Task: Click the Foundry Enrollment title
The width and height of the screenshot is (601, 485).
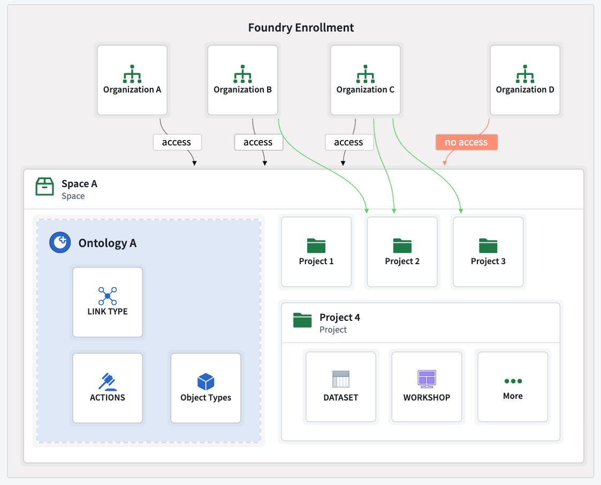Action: (x=301, y=28)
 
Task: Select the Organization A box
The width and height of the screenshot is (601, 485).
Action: (x=132, y=80)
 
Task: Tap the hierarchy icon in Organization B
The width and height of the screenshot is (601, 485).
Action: (x=242, y=74)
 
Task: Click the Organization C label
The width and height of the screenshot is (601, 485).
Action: (x=365, y=90)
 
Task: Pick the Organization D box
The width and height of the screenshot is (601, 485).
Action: (x=524, y=80)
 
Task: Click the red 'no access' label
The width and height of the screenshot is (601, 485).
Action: (x=466, y=142)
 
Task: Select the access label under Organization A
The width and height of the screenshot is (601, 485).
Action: (x=177, y=142)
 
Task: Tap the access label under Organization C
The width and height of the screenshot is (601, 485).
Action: (x=348, y=142)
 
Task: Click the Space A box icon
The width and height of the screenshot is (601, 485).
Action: (x=44, y=187)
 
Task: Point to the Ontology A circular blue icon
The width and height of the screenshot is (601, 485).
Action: (x=60, y=243)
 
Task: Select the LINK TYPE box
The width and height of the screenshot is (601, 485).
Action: (x=108, y=302)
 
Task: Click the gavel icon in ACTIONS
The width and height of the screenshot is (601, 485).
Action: (x=108, y=381)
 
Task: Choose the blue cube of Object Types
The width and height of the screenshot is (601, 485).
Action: (x=206, y=382)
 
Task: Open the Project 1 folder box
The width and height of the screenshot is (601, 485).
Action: (x=316, y=252)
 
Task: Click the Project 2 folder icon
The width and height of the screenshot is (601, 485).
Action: (x=402, y=245)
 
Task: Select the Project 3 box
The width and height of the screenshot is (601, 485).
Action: (x=488, y=252)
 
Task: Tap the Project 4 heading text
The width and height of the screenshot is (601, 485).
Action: (x=339, y=317)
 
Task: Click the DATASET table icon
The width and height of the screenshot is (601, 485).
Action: (x=340, y=379)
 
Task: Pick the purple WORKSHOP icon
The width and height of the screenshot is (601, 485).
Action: (x=427, y=379)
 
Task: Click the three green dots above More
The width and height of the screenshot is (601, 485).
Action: (x=513, y=381)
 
